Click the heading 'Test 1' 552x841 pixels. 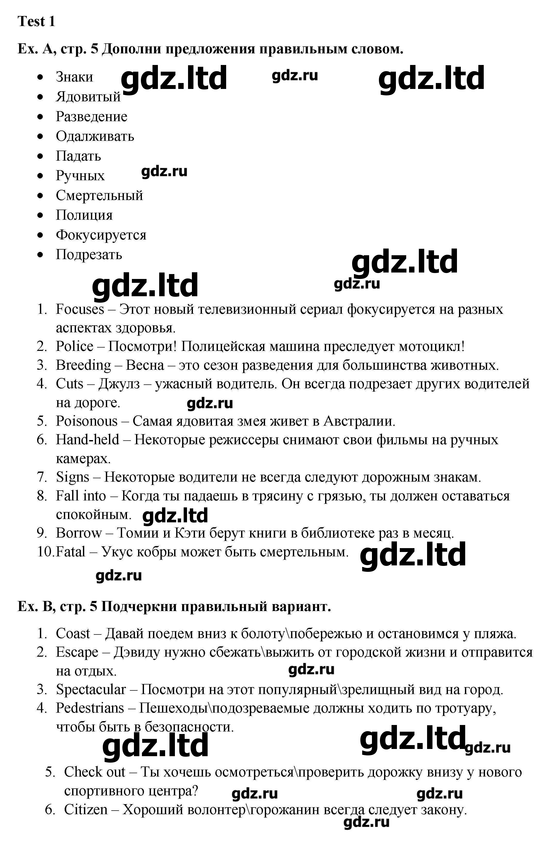36,22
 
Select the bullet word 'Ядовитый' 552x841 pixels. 88,97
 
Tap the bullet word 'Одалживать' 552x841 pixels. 95,136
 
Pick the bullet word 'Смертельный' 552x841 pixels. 99,195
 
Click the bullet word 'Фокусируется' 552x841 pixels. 101,235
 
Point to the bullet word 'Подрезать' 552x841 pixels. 89,254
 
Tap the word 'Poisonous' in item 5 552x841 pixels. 87,421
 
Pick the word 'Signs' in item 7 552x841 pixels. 73,477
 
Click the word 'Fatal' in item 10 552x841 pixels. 71,551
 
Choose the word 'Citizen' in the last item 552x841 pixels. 86,810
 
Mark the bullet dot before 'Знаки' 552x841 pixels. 41,77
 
